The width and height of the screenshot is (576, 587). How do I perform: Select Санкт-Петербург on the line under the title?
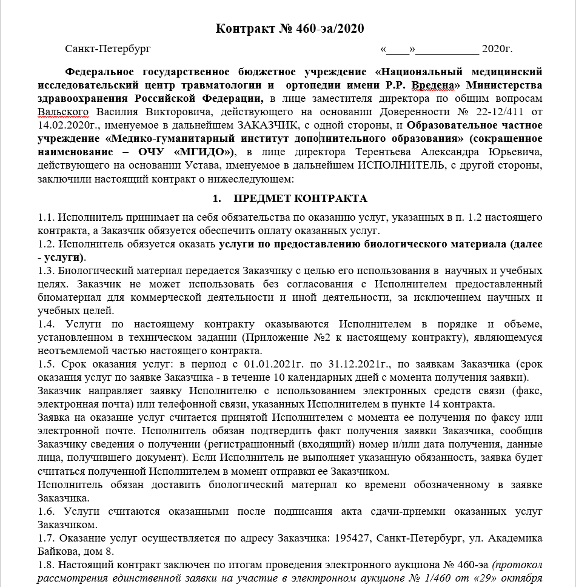[x=107, y=49]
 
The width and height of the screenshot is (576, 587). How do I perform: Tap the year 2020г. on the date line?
[x=497, y=49]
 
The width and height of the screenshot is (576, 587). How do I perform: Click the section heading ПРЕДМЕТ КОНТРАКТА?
[x=300, y=199]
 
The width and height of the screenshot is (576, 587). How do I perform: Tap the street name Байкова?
[x=57, y=552]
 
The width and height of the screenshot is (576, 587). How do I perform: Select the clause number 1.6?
[x=46, y=512]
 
